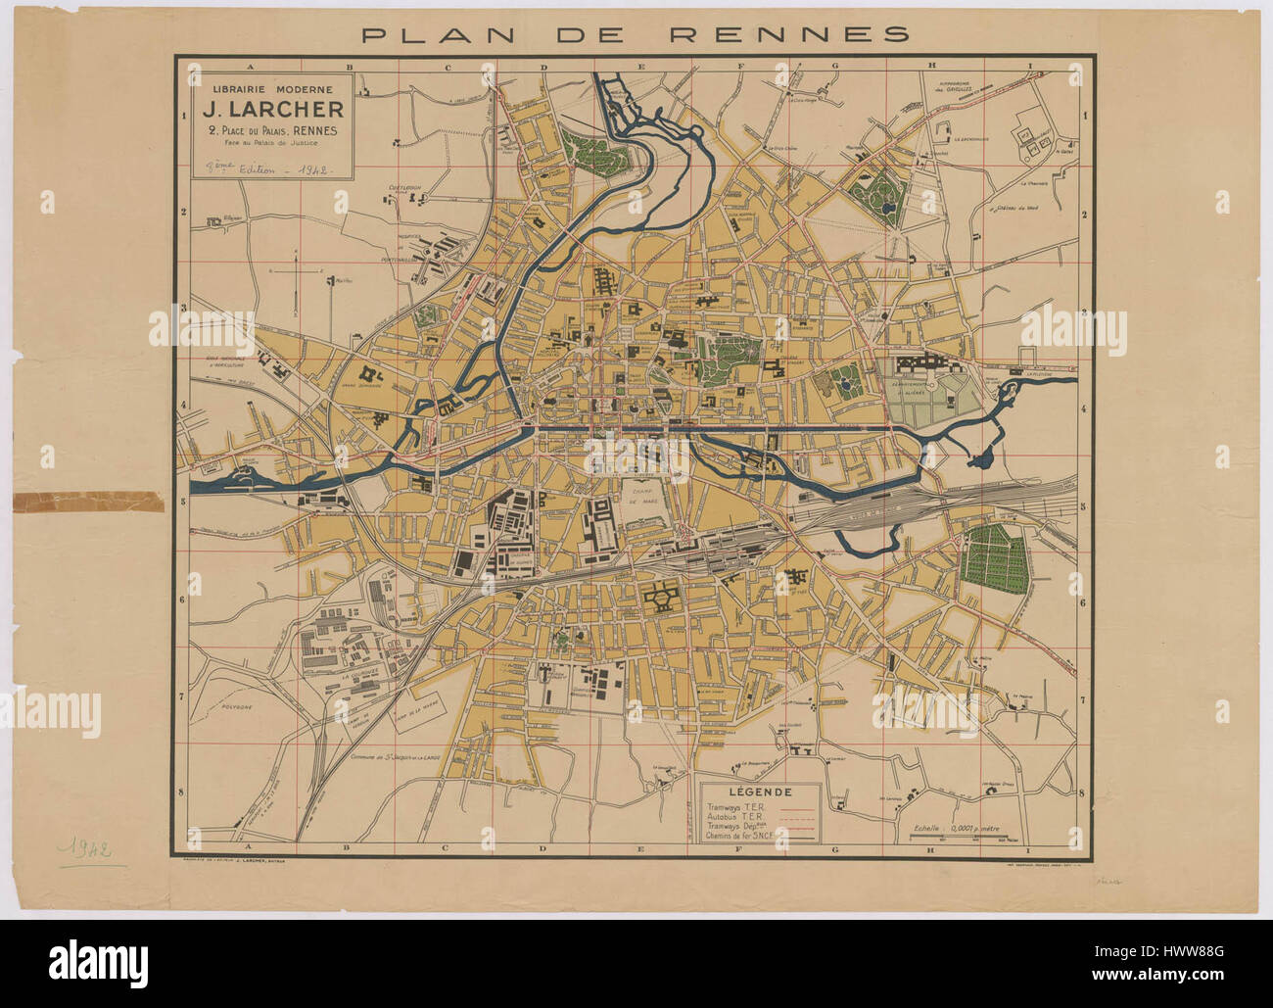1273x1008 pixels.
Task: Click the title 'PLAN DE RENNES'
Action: point(636,35)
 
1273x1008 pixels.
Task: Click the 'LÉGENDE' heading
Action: point(762,792)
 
